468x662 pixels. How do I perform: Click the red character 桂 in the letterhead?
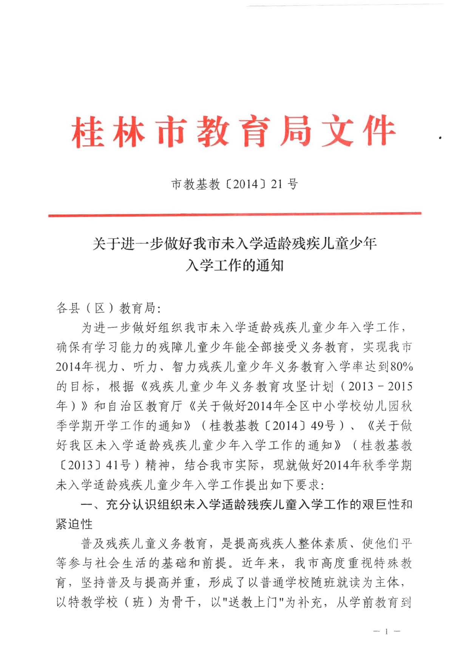pos(88,132)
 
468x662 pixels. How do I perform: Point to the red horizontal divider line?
pos(234,215)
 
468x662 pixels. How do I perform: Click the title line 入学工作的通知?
pos(234,266)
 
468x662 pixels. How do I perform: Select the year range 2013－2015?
pos(380,387)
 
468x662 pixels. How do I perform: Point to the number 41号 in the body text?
pos(118,465)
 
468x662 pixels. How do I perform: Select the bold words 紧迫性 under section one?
pos(74,524)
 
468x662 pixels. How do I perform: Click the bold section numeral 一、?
pos(91,505)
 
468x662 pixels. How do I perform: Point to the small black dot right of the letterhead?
pos(440,138)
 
